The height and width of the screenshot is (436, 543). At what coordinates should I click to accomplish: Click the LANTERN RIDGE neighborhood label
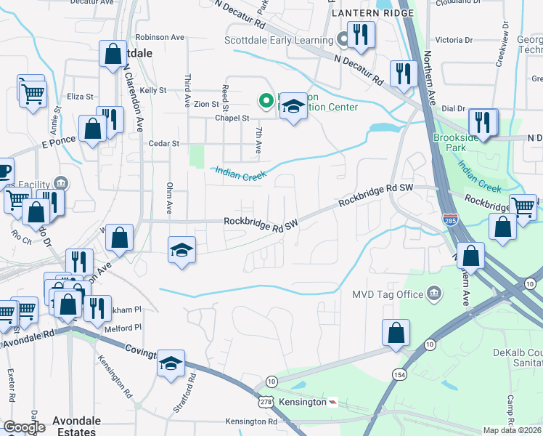pos(372,13)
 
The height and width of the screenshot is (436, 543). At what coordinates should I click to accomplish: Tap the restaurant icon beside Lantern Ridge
pos(360,35)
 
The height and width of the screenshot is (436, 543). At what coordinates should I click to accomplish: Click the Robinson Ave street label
pos(160,37)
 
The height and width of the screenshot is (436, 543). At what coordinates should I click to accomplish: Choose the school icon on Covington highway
pos(171,363)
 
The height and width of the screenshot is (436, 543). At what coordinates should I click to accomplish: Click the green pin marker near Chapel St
pos(266,100)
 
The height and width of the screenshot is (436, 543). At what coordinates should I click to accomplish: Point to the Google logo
pos(23,427)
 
